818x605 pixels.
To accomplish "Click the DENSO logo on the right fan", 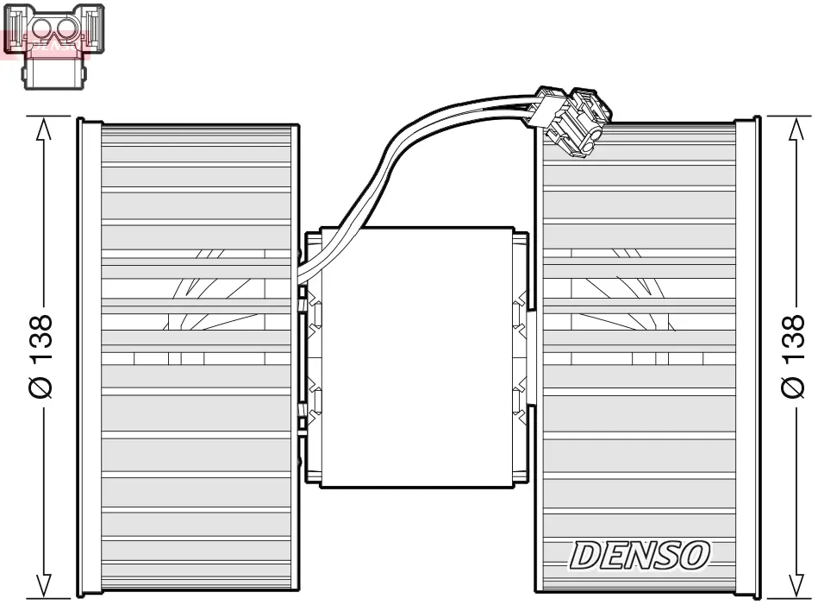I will pos(639,555).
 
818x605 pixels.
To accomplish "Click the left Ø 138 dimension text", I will pos(41,356).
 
